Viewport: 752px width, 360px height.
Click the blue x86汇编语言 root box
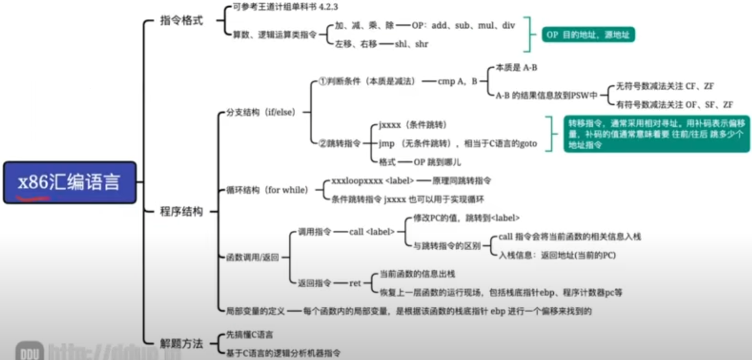tap(70, 182)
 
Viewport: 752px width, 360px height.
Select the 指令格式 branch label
tap(181, 20)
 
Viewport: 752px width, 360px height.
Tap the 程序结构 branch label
tap(181, 212)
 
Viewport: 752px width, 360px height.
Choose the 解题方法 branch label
tap(181, 344)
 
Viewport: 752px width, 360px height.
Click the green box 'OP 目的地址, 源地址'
tap(588, 35)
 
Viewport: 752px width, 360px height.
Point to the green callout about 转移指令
tap(656, 134)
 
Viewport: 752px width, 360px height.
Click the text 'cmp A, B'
tap(457, 82)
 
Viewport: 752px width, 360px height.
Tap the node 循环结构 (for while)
tap(267, 190)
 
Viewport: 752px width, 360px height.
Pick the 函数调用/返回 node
tap(252, 258)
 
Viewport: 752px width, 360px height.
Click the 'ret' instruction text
tap(355, 283)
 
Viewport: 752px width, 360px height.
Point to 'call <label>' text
tap(371, 232)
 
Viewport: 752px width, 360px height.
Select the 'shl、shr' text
tap(411, 44)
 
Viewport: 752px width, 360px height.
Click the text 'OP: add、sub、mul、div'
tap(463, 26)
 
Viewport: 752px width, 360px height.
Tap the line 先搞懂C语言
tap(249, 334)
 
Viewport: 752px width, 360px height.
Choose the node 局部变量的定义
tap(255, 311)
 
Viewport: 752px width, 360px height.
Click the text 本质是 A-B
tap(516, 68)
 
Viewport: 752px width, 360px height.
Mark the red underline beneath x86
tap(33, 198)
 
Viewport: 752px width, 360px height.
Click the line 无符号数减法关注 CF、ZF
tap(664, 86)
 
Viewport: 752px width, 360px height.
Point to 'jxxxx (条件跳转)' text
tap(412, 125)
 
